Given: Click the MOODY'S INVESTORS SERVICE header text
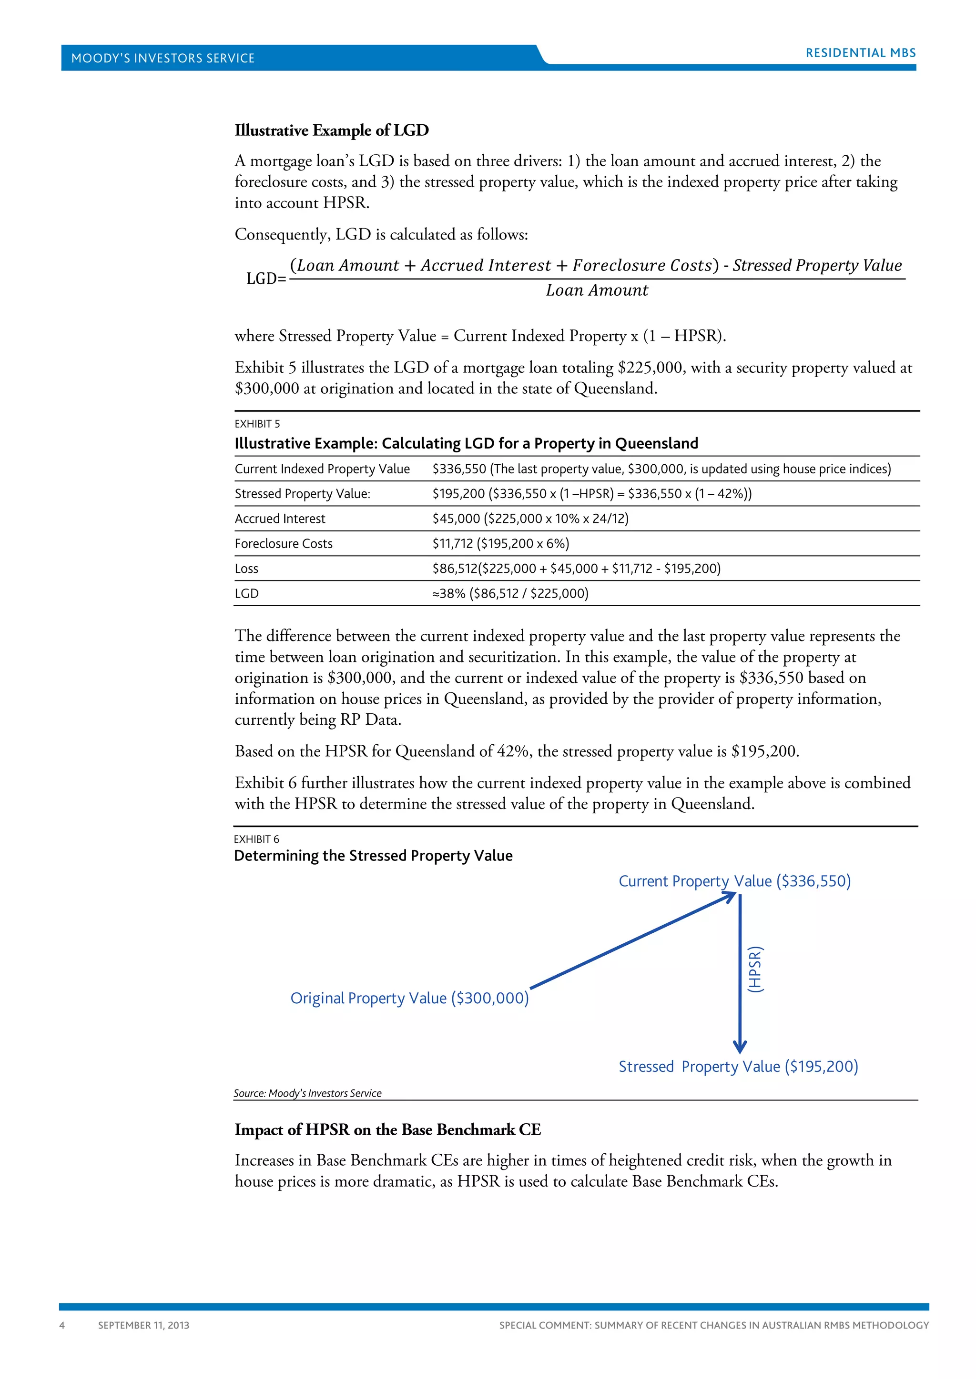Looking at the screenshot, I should [x=163, y=58].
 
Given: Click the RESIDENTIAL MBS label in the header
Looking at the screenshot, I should [x=860, y=53].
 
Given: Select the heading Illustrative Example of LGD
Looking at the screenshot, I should [x=332, y=130].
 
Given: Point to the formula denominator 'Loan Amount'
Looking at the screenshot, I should [x=597, y=290].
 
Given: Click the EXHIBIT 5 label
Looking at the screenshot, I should [x=257, y=424].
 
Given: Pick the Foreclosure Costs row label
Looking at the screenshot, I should [x=283, y=543].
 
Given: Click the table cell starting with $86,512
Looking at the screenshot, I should [x=576, y=569].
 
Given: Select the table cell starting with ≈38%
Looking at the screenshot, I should [x=509, y=594].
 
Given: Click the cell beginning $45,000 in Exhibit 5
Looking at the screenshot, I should [x=530, y=519].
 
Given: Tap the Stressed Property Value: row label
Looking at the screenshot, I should [x=302, y=494].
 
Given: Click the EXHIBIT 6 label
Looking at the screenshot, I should [x=256, y=839].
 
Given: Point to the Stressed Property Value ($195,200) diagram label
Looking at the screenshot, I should [x=738, y=1067].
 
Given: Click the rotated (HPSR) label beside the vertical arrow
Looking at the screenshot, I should [x=755, y=969].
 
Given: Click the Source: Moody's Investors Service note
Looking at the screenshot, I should [x=307, y=1093].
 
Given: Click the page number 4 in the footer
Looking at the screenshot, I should [x=62, y=1325].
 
